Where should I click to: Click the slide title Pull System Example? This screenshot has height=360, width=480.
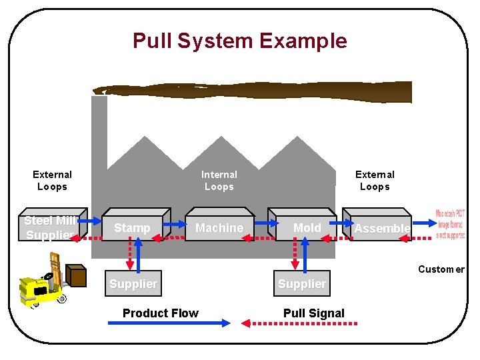pyautogui.click(x=239, y=41)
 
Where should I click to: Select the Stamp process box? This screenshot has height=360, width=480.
pyautogui.click(x=132, y=228)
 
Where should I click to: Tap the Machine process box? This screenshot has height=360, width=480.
pyautogui.click(x=219, y=228)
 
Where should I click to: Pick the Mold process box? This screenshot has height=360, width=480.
pyautogui.click(x=307, y=228)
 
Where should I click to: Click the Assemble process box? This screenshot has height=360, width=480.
pyautogui.click(x=381, y=229)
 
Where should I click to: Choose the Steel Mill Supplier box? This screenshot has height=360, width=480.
pyautogui.click(x=51, y=228)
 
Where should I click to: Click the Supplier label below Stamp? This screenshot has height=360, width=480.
pyautogui.click(x=133, y=284)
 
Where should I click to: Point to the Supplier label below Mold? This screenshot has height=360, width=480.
pyautogui.click(x=302, y=284)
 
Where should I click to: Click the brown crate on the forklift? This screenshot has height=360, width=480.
pyautogui.click(x=77, y=276)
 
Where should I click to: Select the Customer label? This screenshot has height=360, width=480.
pyautogui.click(x=441, y=269)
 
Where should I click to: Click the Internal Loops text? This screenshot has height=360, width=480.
pyautogui.click(x=219, y=181)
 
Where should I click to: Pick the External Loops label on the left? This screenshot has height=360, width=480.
pyautogui.click(x=52, y=181)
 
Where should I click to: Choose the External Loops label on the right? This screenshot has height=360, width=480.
pyautogui.click(x=375, y=181)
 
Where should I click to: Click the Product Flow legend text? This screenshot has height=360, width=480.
pyautogui.click(x=161, y=313)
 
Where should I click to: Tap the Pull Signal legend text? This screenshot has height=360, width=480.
pyautogui.click(x=314, y=313)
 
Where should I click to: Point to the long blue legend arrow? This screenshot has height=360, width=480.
pyautogui.click(x=169, y=323)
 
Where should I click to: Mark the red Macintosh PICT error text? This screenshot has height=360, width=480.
pyautogui.click(x=451, y=225)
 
